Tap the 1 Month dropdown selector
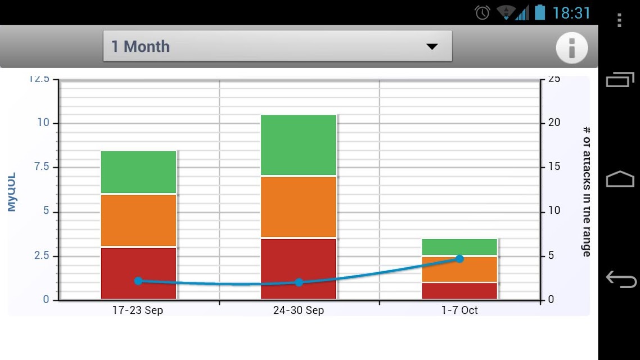click(277, 46)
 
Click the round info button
click(572, 47)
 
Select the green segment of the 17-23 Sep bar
click(138, 172)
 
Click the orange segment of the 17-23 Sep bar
click(138, 220)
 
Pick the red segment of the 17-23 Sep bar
click(138, 264)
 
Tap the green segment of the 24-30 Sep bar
click(298, 145)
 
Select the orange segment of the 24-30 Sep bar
click(298, 206)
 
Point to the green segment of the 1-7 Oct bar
click(459, 246)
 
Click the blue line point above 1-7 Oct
click(459, 259)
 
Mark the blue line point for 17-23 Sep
click(138, 281)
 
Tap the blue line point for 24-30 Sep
click(299, 282)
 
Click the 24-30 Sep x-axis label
click(298, 310)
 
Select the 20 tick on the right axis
click(554, 123)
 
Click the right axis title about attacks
click(586, 191)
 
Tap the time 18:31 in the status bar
click(571, 12)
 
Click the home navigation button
click(619, 179)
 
